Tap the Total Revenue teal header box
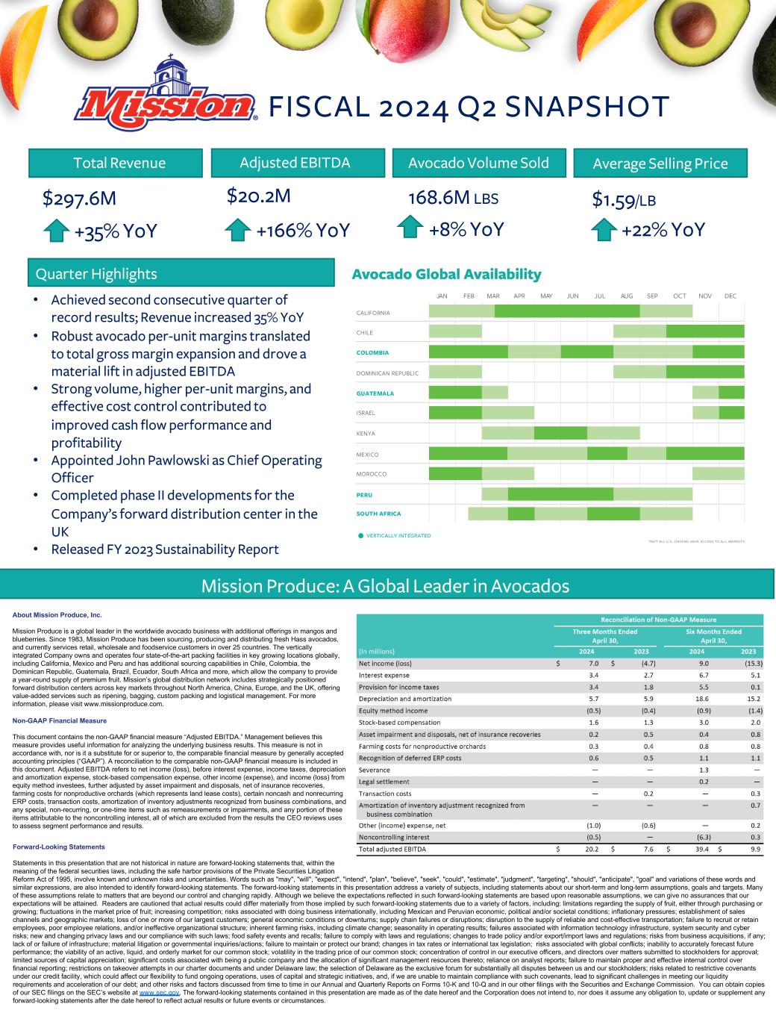pos(119,163)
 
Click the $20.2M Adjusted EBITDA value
pos(257,196)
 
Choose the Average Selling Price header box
pos(660,163)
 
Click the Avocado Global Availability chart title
pos(446,275)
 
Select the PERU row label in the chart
pos(365,494)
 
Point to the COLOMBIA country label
pos(372,352)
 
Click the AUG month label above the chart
pos(627,296)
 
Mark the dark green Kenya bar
pos(560,433)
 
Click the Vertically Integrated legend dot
pos(360,535)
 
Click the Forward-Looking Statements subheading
pos(59,847)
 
